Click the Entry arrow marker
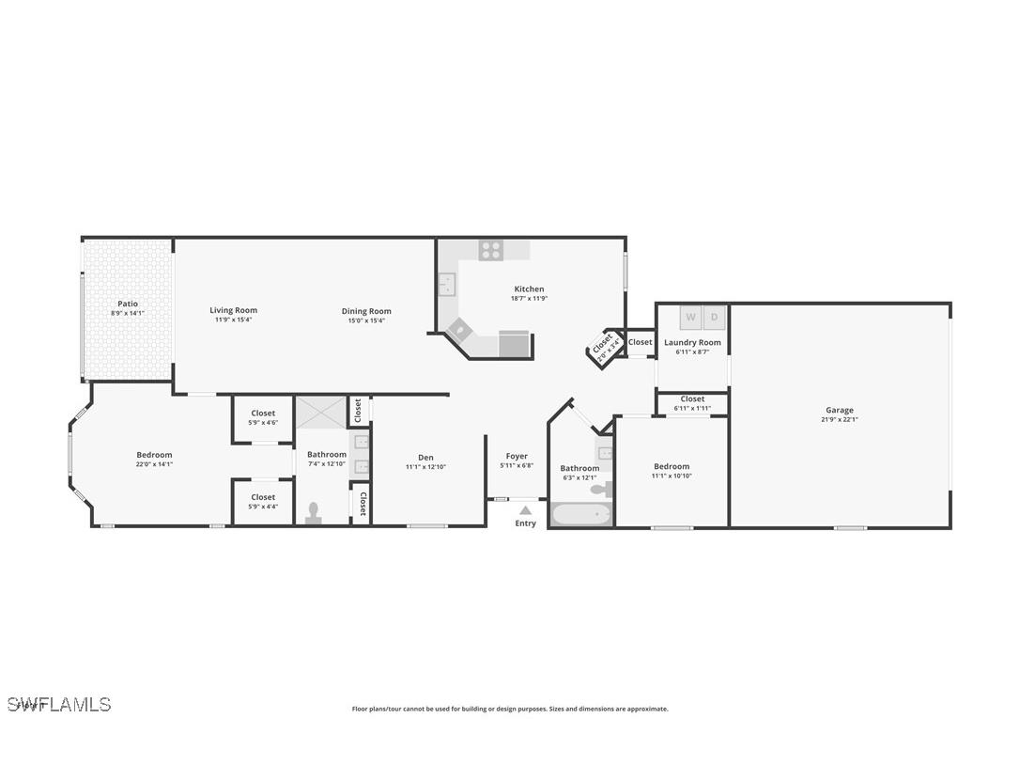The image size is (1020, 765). click(525, 510)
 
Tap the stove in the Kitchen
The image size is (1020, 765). click(490, 250)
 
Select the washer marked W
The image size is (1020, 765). click(691, 318)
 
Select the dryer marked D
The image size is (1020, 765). click(714, 318)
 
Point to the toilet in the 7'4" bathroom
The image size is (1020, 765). click(314, 511)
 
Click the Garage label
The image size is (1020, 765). click(839, 410)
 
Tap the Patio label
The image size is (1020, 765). click(128, 304)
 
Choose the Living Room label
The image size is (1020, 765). click(233, 310)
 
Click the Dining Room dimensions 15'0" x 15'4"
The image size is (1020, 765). click(366, 320)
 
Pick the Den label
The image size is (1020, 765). click(425, 458)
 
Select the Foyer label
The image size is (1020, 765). click(517, 456)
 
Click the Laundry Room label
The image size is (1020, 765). click(692, 342)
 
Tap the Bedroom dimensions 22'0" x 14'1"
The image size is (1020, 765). click(154, 464)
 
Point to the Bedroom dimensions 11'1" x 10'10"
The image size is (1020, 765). click(672, 476)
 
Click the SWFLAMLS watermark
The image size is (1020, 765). click(59, 704)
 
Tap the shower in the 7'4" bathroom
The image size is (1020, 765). click(321, 414)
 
